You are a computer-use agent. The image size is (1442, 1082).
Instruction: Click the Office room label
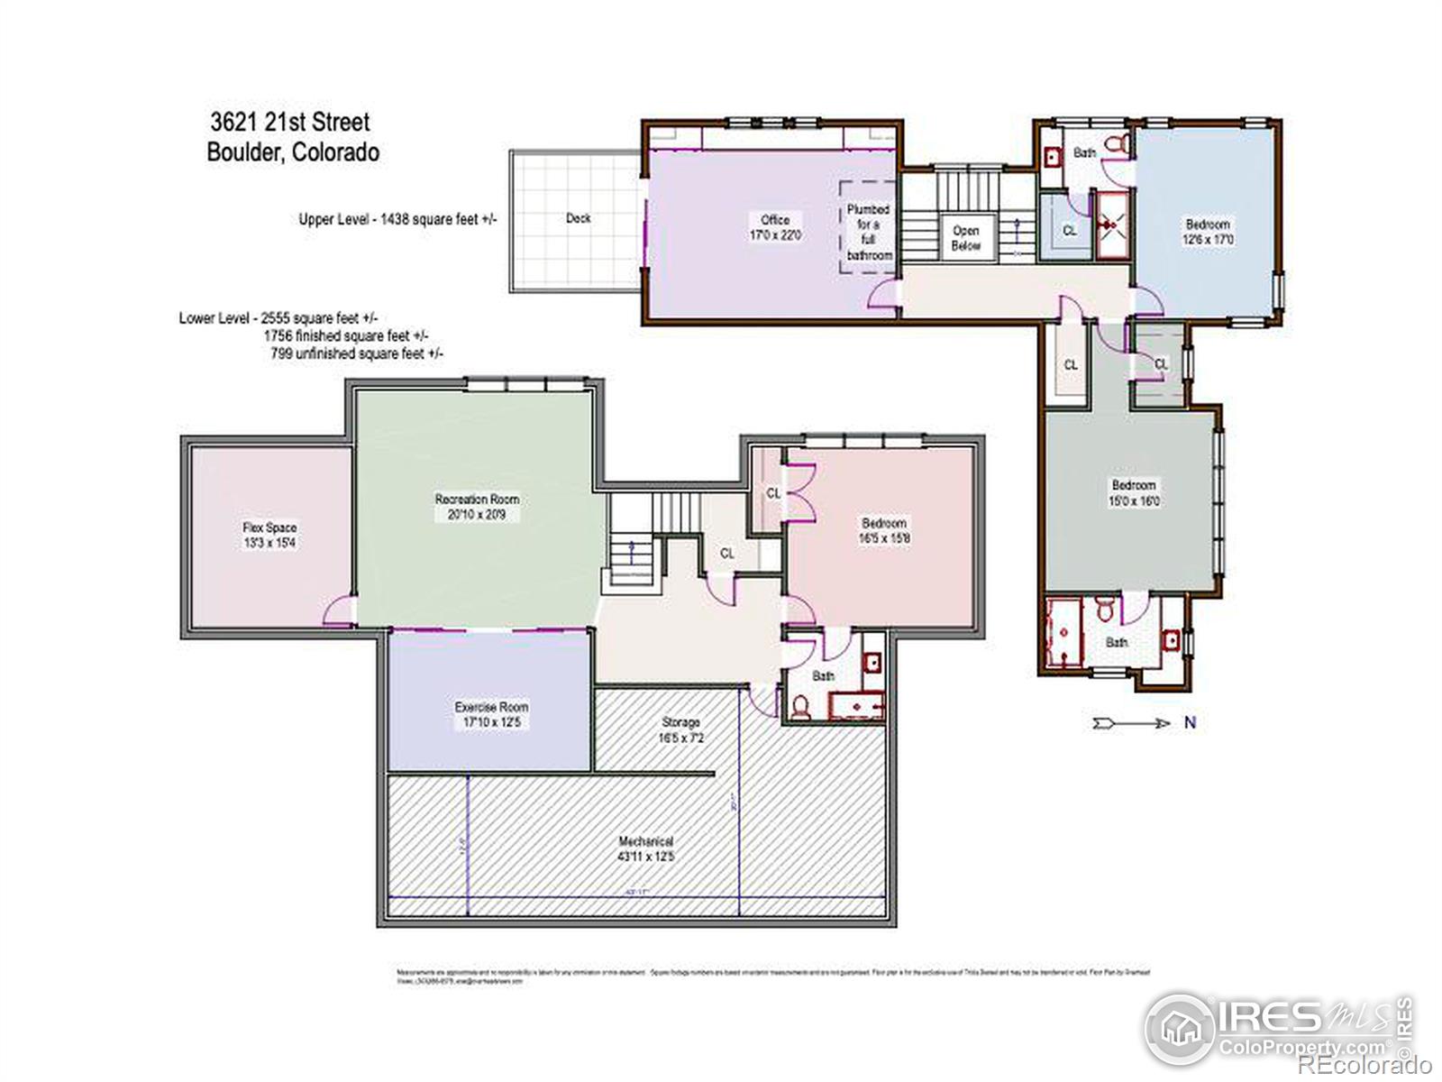tap(775, 226)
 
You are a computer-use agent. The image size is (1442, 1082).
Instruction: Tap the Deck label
tap(578, 218)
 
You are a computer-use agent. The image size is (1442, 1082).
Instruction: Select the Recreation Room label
tap(477, 507)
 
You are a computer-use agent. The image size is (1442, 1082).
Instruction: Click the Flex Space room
tap(269, 535)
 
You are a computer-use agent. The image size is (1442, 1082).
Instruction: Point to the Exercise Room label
tap(491, 714)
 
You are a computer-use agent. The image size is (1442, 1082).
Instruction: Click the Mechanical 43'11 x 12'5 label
tap(645, 848)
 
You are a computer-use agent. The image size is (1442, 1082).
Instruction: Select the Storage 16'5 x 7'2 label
tap(680, 729)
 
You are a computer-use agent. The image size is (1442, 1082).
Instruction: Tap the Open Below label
tap(965, 238)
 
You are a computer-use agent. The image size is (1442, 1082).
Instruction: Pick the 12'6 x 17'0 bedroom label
tap(1208, 232)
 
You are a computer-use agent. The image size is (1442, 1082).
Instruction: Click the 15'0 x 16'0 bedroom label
tap(1134, 492)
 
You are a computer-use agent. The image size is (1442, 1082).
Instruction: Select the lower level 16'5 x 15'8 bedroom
tap(884, 530)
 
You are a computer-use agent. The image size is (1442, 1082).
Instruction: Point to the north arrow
tap(1131, 723)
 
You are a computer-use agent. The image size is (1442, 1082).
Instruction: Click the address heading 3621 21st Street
tap(290, 122)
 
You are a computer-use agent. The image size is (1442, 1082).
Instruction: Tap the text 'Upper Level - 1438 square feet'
tap(398, 219)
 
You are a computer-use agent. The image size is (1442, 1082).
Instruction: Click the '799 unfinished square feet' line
tap(357, 353)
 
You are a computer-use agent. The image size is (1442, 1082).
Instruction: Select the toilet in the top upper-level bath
tap(1116, 144)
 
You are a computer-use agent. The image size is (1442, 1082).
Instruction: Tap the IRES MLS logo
tap(1280, 1028)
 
